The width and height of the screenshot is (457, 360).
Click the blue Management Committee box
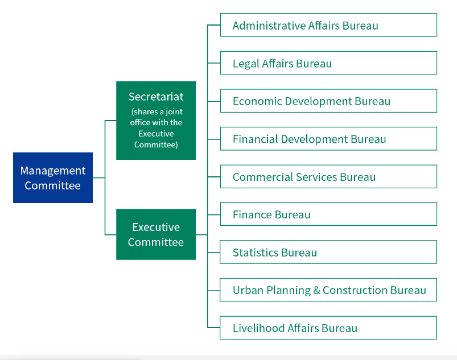(x=53, y=177)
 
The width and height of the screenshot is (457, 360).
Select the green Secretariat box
(x=156, y=121)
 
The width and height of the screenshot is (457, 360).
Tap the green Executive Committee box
(x=156, y=234)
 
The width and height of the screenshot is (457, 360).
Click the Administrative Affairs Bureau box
(x=328, y=25)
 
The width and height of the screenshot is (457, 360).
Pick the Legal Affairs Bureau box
(x=328, y=63)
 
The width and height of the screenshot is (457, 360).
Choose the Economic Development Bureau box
(x=328, y=101)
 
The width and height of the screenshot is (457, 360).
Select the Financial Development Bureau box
(x=328, y=139)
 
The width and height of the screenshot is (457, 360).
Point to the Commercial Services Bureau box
(x=328, y=176)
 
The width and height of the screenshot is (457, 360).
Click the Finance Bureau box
(x=328, y=214)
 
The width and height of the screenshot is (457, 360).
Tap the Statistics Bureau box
(x=328, y=252)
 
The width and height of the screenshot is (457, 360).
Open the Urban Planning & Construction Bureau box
(x=328, y=290)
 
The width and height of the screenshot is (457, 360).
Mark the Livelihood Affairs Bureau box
(x=328, y=328)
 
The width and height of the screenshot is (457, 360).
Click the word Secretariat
(x=156, y=97)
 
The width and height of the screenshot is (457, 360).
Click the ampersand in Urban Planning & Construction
(x=316, y=291)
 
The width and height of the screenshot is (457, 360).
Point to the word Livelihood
(x=258, y=328)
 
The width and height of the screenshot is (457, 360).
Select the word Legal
(x=246, y=64)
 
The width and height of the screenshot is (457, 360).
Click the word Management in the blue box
(x=53, y=171)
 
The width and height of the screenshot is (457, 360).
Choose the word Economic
(x=257, y=101)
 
